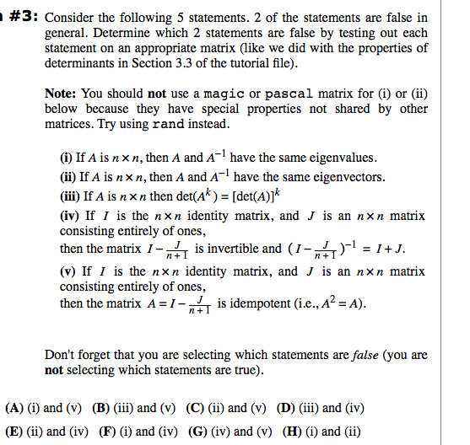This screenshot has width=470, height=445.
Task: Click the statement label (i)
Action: click(x=68, y=158)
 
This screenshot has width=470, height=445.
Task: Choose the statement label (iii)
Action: click(x=71, y=196)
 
